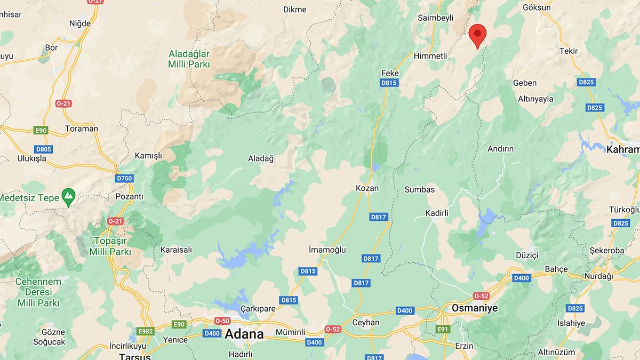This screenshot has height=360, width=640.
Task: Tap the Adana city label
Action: point(244,334)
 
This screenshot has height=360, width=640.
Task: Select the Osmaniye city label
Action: point(474,308)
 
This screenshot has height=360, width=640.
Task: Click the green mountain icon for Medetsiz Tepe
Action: point(68,197)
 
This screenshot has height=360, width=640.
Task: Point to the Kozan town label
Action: point(367,188)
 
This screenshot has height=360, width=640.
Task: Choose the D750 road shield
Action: point(124,178)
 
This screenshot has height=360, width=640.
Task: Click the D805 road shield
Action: point(43,149)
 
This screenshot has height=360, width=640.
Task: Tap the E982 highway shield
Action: point(145,331)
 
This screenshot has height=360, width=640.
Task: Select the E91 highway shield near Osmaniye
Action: point(443,329)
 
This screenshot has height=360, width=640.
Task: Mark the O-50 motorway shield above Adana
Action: point(222,321)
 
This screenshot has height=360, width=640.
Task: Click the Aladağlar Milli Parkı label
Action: point(189,59)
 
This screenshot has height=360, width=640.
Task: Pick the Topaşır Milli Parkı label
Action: point(110,246)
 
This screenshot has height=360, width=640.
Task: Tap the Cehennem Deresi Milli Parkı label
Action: point(38,292)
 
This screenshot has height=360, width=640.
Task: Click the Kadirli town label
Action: point(437,213)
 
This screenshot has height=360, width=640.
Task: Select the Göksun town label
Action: point(537,7)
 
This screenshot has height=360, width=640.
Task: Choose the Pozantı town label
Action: point(129,196)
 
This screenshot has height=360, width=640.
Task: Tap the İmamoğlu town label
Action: point(327,250)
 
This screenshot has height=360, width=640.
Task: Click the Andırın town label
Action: point(500,149)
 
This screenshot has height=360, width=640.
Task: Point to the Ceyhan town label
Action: point(366,322)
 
